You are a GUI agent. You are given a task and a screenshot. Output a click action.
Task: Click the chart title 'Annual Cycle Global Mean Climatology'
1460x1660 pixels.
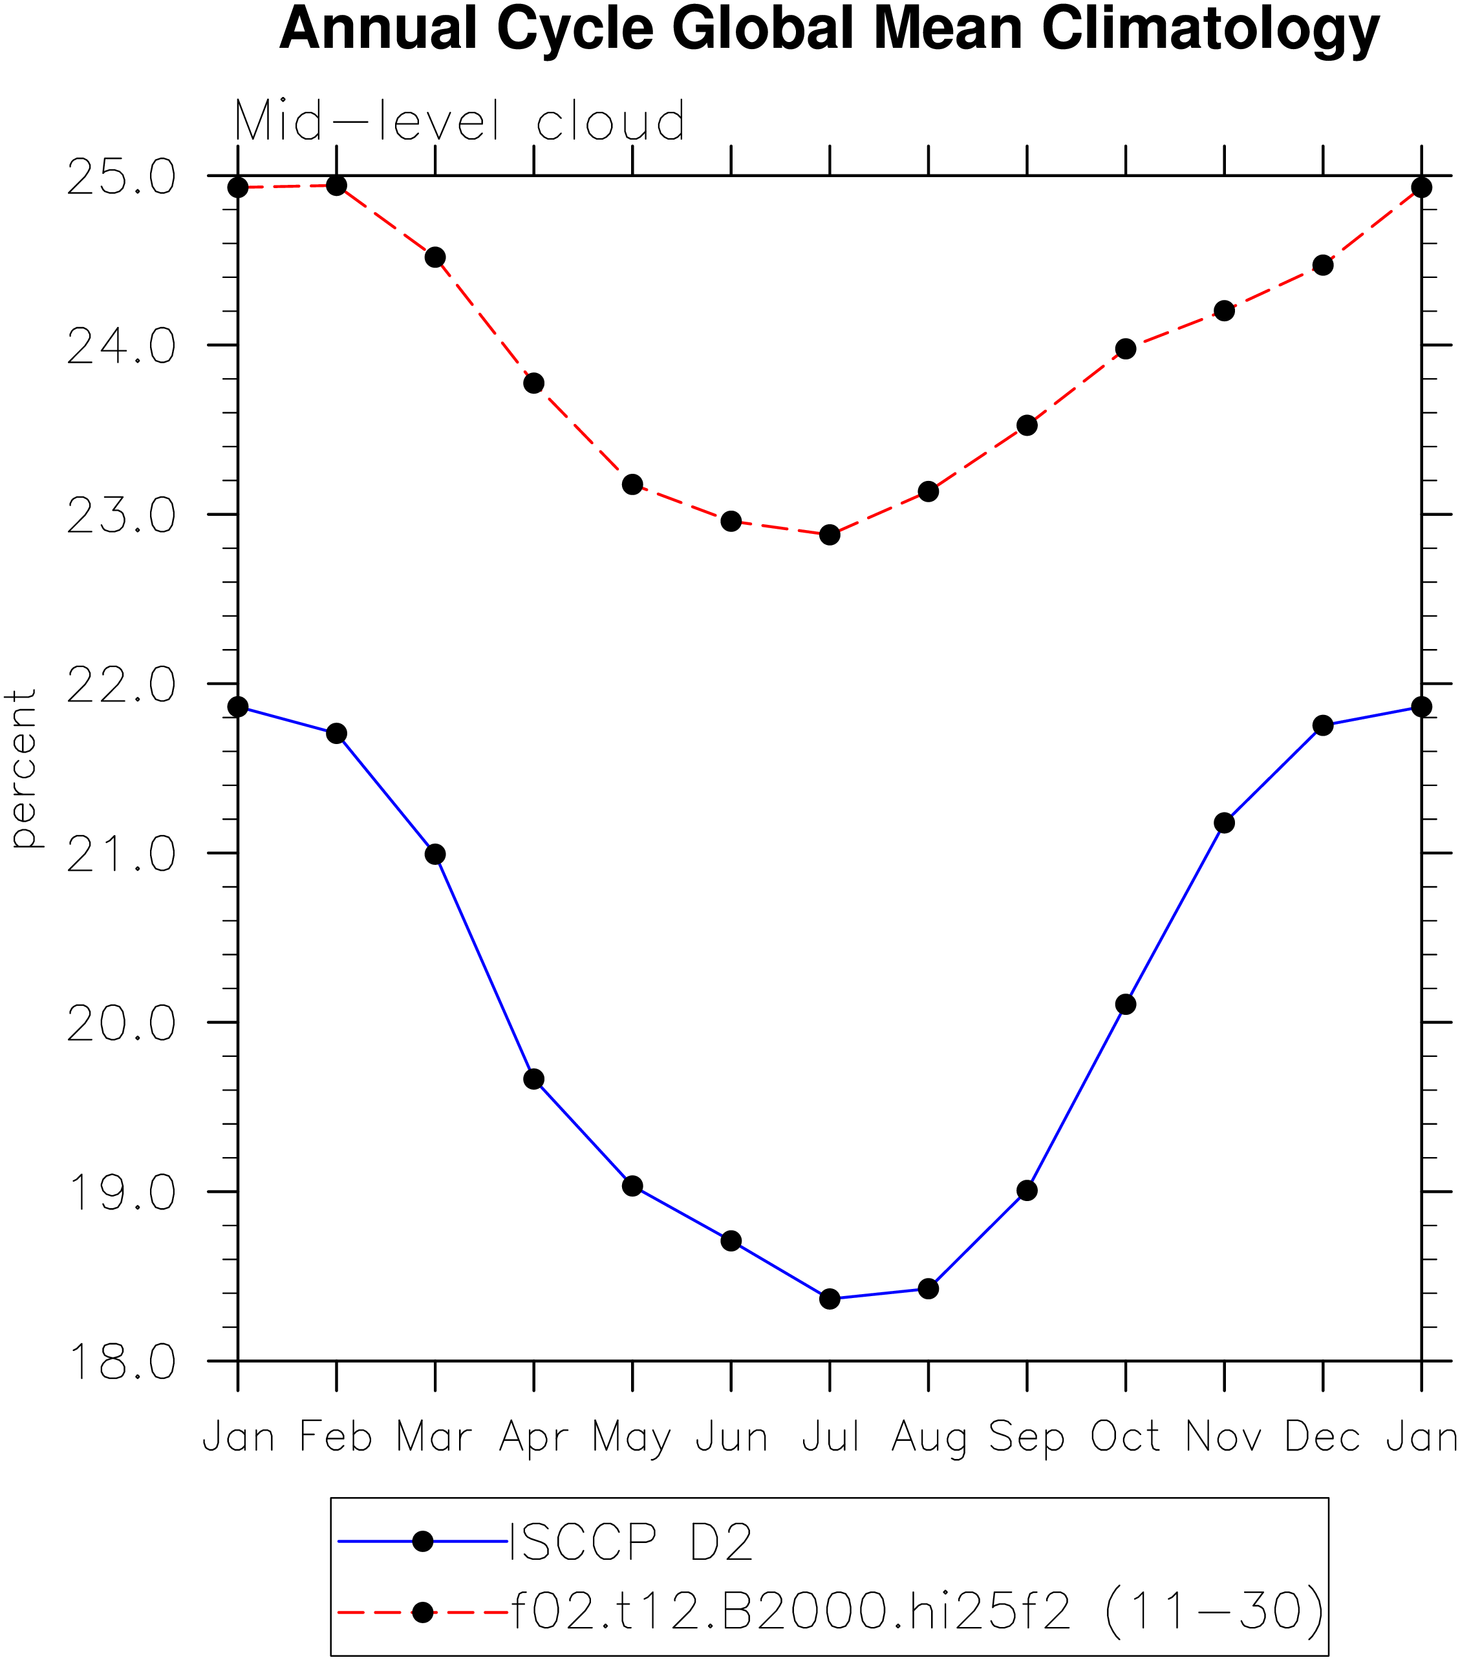click(x=829, y=29)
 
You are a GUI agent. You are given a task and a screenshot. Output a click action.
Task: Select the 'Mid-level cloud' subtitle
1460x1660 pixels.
click(x=460, y=121)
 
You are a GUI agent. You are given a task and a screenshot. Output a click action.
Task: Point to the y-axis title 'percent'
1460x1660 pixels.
click(x=23, y=769)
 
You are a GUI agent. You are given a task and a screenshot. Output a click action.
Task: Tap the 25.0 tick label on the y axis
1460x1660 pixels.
click(x=121, y=177)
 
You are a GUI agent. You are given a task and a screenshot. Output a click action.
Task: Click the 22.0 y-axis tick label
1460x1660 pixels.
click(x=121, y=685)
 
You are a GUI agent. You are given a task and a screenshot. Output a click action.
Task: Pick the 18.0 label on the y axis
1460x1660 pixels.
click(x=121, y=1362)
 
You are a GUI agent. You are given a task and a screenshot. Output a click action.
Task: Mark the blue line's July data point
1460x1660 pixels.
click(x=830, y=1299)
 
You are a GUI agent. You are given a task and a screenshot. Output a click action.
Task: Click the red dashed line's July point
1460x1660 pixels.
click(x=830, y=535)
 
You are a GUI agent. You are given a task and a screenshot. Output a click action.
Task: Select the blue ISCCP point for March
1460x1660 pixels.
click(x=435, y=853)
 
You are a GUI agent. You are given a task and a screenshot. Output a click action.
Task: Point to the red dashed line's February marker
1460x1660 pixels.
click(x=336, y=185)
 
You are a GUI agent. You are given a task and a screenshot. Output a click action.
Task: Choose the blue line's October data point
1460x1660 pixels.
click(x=1125, y=1005)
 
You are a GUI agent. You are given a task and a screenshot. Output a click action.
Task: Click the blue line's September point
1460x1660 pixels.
click(x=1027, y=1191)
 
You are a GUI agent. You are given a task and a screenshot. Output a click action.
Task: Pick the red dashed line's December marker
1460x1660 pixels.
click(x=1323, y=265)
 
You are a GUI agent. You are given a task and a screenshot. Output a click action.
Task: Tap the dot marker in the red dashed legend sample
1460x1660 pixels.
click(x=422, y=1612)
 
